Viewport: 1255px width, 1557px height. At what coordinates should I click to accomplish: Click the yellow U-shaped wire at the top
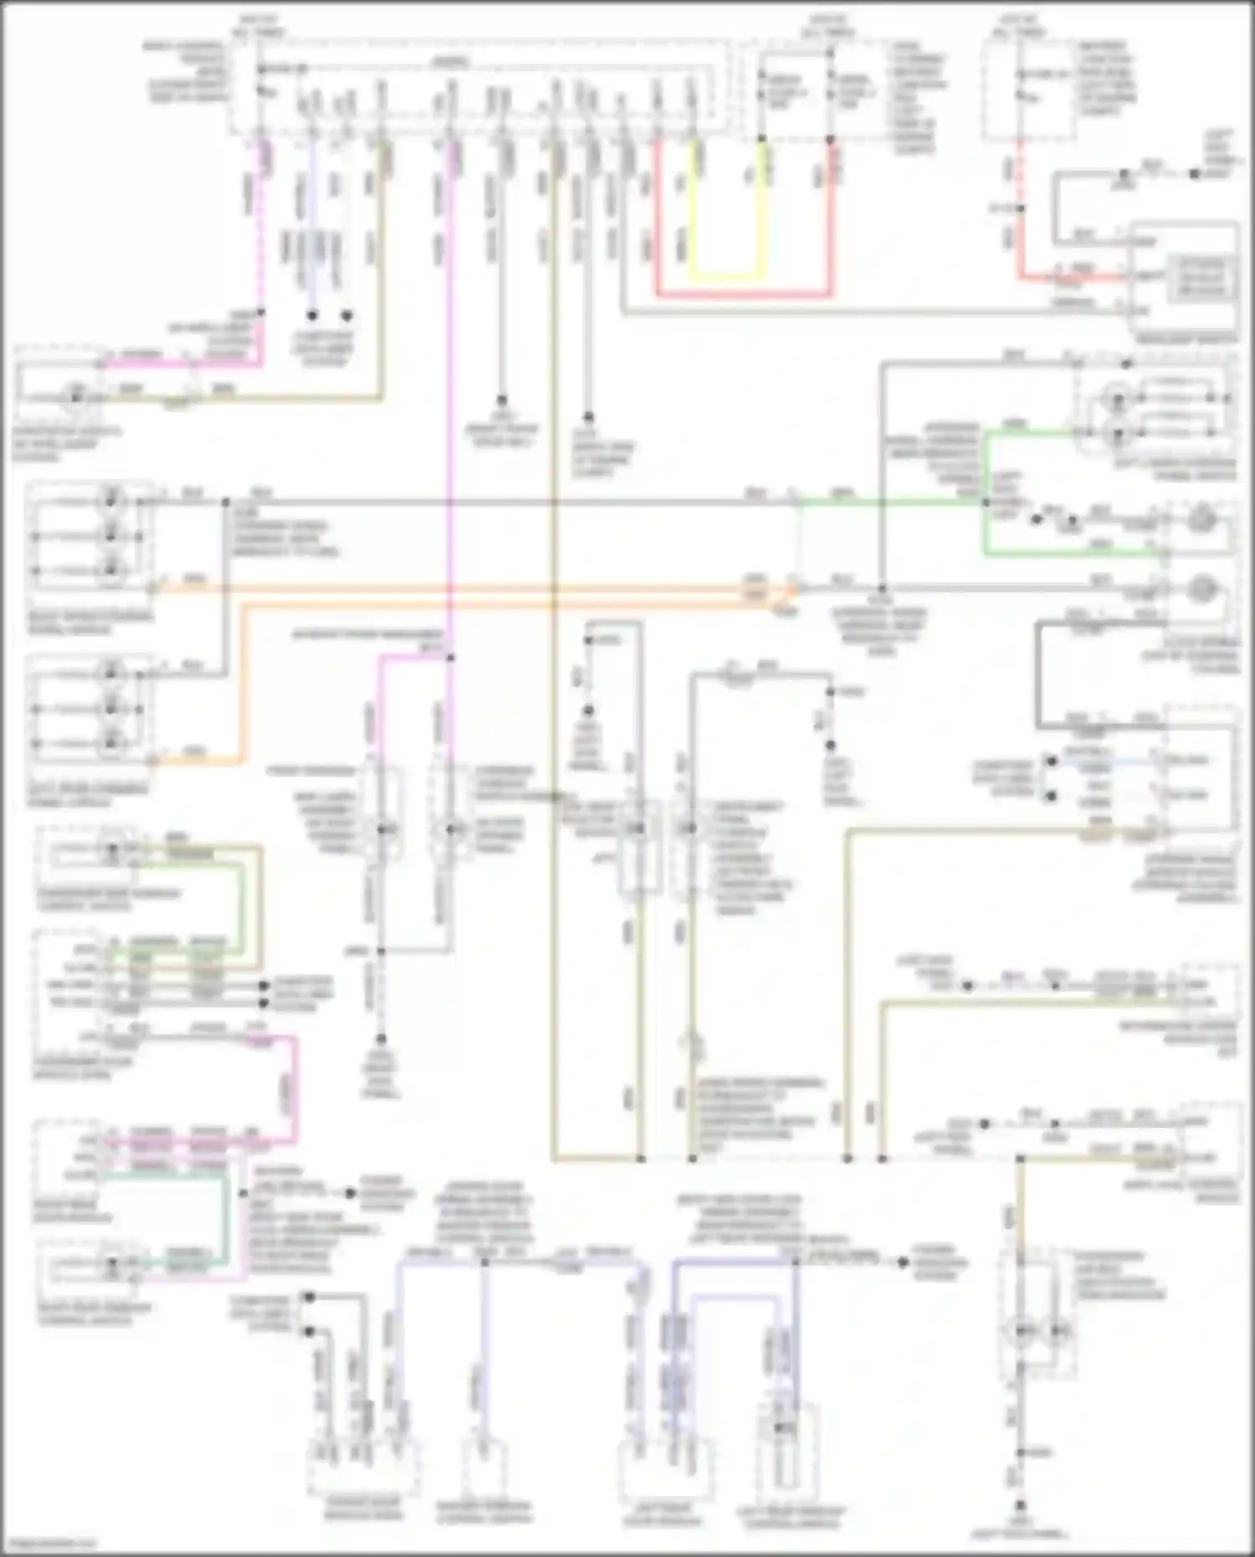point(725,276)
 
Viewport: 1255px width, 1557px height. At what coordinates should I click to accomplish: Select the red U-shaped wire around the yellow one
point(744,294)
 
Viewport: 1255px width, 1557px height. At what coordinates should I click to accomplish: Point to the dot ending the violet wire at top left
point(312,315)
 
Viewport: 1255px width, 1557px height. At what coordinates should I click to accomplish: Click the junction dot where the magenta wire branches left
point(450,658)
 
